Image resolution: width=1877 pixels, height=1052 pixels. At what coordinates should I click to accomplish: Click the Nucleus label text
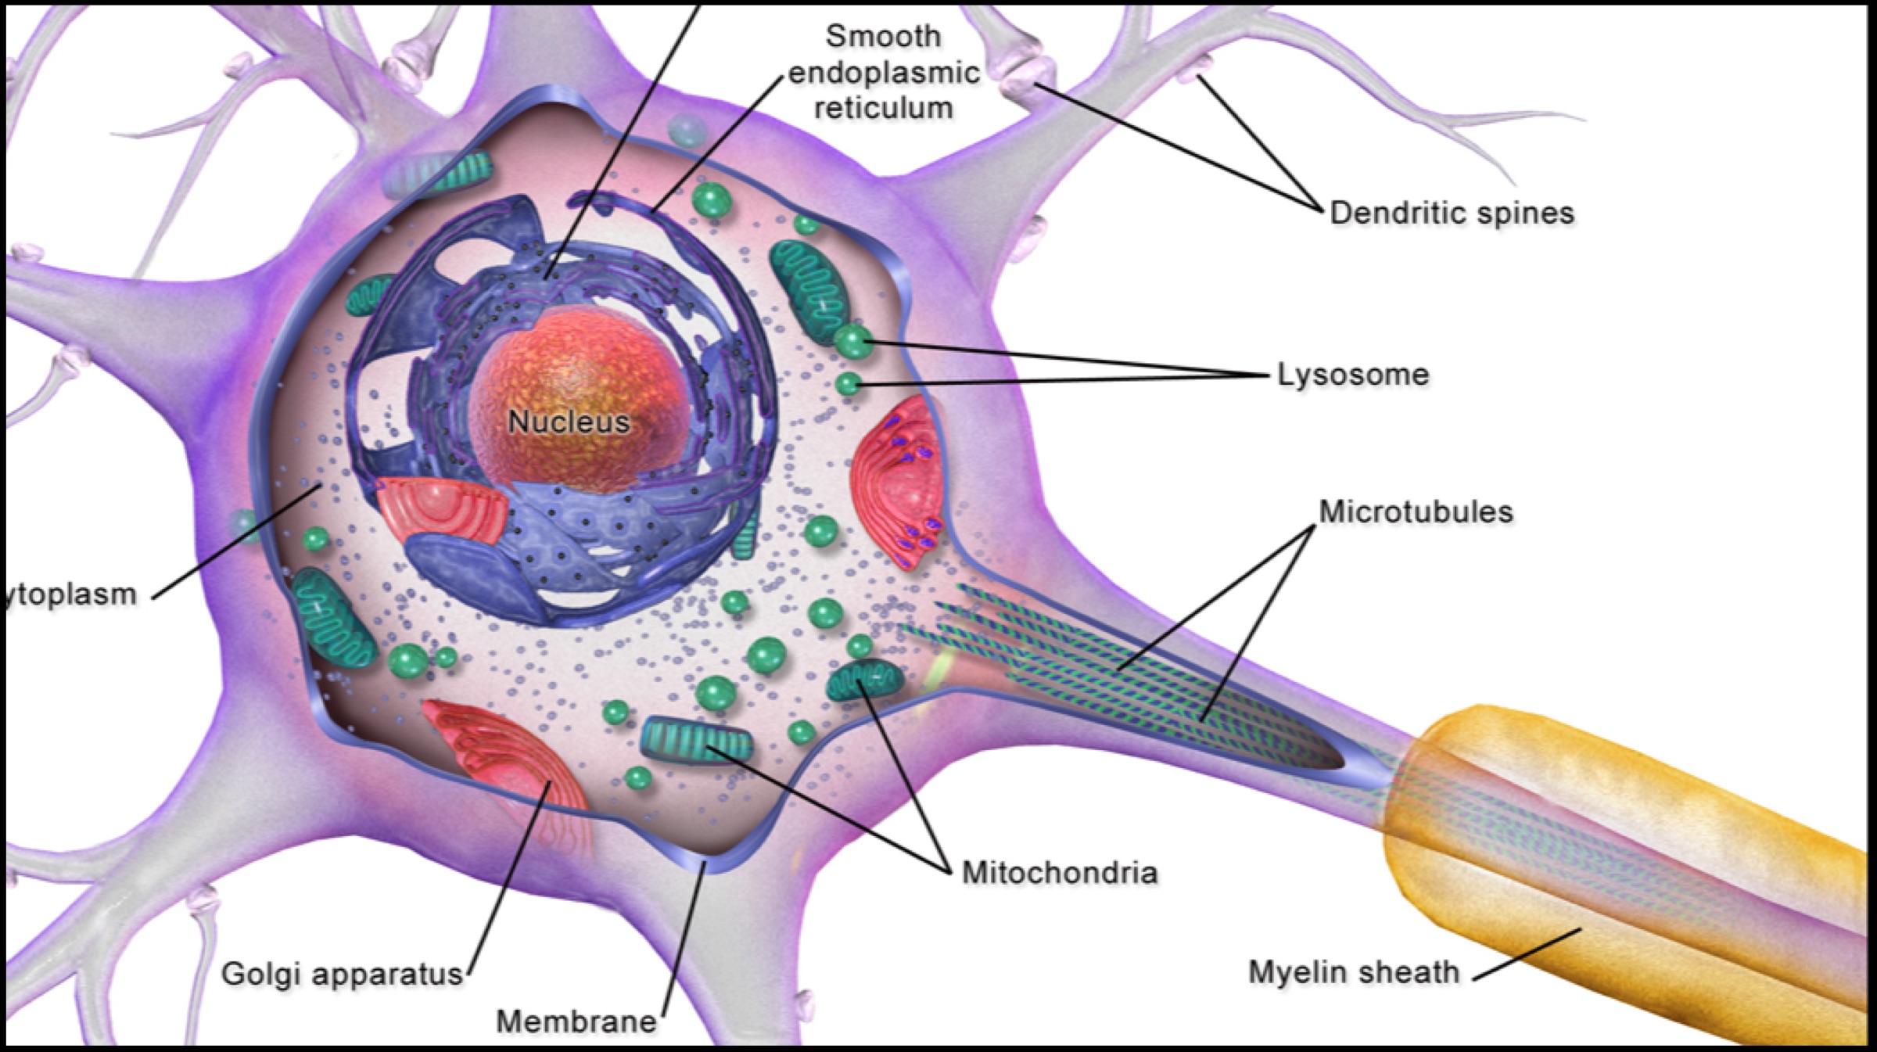click(x=569, y=422)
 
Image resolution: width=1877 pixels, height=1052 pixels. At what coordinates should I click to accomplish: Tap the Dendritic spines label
click(x=1452, y=213)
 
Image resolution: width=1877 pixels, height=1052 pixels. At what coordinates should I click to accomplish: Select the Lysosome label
click(x=1353, y=375)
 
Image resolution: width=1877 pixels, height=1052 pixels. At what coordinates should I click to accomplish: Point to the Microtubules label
click(x=1416, y=512)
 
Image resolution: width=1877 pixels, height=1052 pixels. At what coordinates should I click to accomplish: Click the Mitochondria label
click(x=1059, y=873)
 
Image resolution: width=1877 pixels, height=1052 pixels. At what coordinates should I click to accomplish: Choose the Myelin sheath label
click(x=1353, y=972)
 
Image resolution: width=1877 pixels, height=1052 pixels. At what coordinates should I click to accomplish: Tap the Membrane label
click(x=576, y=1021)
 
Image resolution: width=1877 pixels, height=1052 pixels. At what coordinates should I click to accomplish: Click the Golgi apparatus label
click(x=342, y=975)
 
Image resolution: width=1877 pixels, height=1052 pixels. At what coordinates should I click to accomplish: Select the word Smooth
click(x=883, y=36)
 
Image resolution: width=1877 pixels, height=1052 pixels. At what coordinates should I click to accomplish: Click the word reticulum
click(x=883, y=109)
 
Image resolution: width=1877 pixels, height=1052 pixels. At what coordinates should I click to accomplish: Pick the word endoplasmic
click(x=883, y=73)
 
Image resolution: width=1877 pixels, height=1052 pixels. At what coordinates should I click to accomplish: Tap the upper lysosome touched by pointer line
click(x=852, y=342)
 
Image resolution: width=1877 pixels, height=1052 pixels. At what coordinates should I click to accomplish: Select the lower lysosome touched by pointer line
click(x=848, y=384)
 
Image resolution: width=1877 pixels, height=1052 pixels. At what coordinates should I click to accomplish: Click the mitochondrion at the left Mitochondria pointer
click(x=696, y=740)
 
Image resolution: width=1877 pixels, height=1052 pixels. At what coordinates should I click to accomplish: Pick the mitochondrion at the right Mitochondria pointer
click(x=864, y=679)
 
